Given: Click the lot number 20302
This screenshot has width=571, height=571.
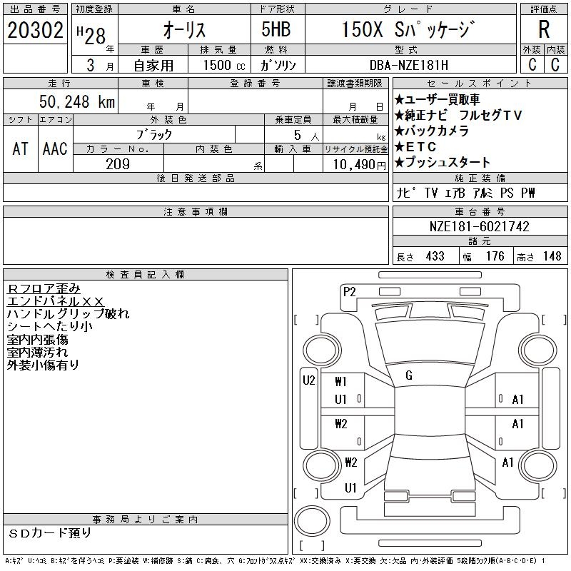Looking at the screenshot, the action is click(x=35, y=31).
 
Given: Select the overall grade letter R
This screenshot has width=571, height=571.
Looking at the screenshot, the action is click(x=544, y=29).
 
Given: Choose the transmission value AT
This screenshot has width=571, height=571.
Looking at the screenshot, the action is click(x=20, y=148).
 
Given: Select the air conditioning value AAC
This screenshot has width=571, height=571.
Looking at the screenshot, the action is click(x=55, y=148).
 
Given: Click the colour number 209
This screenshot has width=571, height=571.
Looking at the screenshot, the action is click(x=118, y=164).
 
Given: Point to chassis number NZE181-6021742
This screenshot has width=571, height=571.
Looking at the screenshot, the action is click(x=480, y=226).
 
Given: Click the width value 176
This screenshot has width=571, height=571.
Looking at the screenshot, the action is click(x=495, y=256).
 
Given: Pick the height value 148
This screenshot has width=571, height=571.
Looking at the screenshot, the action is click(x=551, y=256).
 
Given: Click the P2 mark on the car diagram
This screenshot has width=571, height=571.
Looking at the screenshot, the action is click(x=349, y=291).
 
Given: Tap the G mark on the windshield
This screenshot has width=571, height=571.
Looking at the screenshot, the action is click(x=408, y=375).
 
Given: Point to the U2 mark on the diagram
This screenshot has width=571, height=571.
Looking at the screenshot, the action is click(x=308, y=380).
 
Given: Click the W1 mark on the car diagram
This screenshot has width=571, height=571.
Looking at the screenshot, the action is click(x=340, y=381).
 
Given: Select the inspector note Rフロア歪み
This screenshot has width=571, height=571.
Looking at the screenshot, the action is click(x=44, y=288).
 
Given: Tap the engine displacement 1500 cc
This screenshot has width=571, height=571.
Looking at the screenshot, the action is click(x=217, y=64).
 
